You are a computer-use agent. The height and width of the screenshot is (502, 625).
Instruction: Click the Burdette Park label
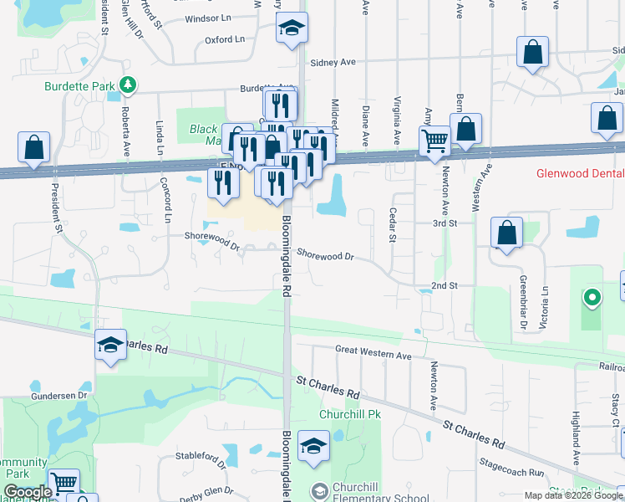(x=80, y=85)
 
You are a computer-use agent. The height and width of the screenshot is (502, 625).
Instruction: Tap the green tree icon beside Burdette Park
(x=127, y=84)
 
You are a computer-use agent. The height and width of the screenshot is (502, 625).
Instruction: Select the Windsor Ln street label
(x=208, y=18)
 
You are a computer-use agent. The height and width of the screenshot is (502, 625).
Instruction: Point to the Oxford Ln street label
(x=224, y=39)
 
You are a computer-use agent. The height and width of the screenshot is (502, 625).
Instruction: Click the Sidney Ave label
(x=333, y=62)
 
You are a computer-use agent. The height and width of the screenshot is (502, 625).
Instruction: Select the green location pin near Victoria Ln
(x=592, y=297)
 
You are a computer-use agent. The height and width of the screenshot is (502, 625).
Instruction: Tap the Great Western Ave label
(x=373, y=356)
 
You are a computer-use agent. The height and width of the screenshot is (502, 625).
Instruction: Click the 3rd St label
(x=445, y=223)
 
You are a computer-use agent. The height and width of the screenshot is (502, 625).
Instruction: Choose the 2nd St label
(x=445, y=285)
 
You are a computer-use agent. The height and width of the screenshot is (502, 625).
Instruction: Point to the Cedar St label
(x=391, y=225)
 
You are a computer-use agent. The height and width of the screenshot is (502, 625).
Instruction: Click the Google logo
(x=28, y=492)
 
